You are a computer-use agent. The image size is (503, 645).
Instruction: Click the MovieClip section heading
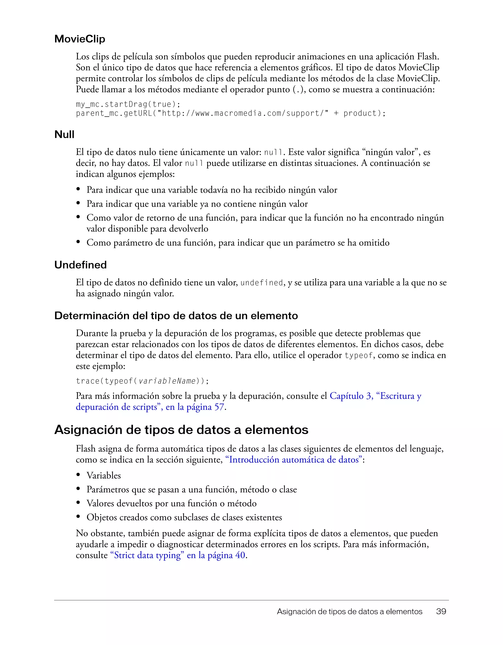(x=80, y=39)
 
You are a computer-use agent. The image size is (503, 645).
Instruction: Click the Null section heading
(x=64, y=134)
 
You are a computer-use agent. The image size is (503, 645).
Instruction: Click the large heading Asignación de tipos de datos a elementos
(x=181, y=430)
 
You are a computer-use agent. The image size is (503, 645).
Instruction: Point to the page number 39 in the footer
(x=441, y=611)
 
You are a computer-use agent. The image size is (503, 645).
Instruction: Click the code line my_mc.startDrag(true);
(x=128, y=104)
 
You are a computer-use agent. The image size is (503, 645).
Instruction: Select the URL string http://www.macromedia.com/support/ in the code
(x=243, y=113)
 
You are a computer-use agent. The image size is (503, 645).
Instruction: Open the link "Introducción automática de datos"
(x=294, y=460)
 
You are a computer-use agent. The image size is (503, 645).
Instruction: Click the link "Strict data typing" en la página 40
(x=178, y=555)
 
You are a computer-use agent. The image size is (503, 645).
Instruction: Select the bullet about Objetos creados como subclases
(x=184, y=517)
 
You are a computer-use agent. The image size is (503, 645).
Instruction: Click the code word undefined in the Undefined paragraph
(x=262, y=283)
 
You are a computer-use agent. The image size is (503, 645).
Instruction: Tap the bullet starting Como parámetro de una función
(x=238, y=243)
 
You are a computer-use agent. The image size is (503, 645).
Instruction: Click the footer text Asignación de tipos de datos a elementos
(x=349, y=611)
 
